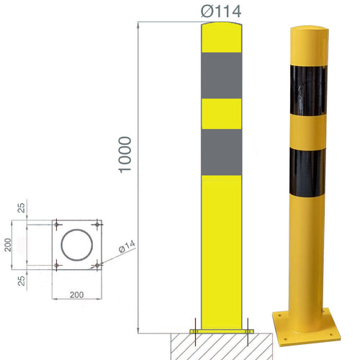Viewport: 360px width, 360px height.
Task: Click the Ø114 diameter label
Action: click(220, 10)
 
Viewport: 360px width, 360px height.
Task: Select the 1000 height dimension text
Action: click(125, 154)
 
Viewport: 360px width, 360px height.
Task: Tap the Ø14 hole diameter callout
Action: click(126, 248)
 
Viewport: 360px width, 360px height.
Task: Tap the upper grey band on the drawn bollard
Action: click(221, 74)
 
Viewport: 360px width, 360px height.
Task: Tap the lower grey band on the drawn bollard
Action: click(221, 152)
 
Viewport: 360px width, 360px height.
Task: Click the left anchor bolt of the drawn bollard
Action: click(195, 327)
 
